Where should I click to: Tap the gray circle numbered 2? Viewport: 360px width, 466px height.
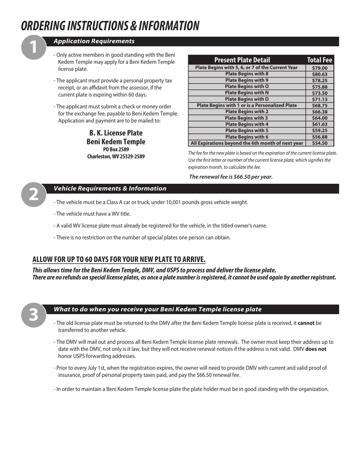pyautogui.click(x=33, y=194)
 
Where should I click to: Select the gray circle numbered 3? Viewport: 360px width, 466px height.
pyautogui.click(x=33, y=315)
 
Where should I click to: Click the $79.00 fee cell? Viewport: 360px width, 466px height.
pyautogui.click(x=319, y=68)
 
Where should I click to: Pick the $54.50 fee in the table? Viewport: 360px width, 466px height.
pyautogui.click(x=319, y=143)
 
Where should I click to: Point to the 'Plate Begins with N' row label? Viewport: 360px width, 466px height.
pyautogui.click(x=247, y=93)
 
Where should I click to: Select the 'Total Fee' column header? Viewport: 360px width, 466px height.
pyautogui.click(x=319, y=60)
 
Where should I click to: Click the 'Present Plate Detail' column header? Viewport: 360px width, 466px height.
pyautogui.click(x=242, y=60)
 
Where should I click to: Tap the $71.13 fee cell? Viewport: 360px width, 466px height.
pyautogui.click(x=319, y=99)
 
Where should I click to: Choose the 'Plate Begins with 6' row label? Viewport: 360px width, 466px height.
pyautogui.click(x=247, y=137)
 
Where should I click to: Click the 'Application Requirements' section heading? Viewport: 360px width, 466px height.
pyautogui.click(x=94, y=41)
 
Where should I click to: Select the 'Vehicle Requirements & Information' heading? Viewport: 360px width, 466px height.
pyautogui.click(x=110, y=189)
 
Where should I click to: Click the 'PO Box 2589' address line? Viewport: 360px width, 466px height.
pyautogui.click(x=116, y=150)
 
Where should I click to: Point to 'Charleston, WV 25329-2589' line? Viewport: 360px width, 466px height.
pyautogui.click(x=116, y=156)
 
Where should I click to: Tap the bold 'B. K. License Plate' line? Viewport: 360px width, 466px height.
pyautogui.click(x=116, y=133)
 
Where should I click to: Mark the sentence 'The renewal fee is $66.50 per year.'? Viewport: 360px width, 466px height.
pyautogui.click(x=231, y=177)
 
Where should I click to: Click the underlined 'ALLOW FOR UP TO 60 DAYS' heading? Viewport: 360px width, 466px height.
pyautogui.click(x=119, y=260)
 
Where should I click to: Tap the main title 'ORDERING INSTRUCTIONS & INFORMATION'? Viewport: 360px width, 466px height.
pyautogui.click(x=110, y=26)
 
